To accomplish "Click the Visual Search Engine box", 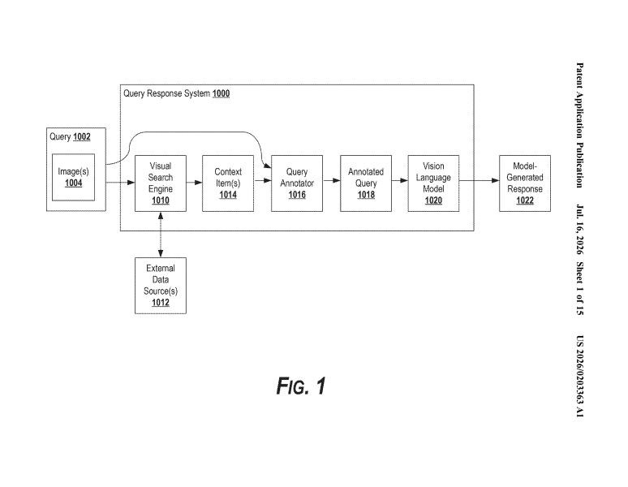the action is [x=160, y=183].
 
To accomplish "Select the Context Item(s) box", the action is [x=228, y=183].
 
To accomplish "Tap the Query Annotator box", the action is [x=297, y=183].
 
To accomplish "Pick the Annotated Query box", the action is [x=366, y=183].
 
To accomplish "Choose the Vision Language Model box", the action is [x=433, y=183].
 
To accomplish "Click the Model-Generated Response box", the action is [x=525, y=183].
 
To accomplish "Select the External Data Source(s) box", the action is [x=160, y=286].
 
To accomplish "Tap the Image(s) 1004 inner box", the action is [x=73, y=177].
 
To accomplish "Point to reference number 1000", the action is [x=221, y=93].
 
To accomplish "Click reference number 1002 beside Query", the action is [x=82, y=137].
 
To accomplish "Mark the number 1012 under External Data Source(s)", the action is [x=160, y=303].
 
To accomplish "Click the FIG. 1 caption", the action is [x=301, y=386].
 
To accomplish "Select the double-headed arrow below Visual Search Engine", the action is [x=160, y=235].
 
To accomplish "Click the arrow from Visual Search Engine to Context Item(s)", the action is [x=194, y=183].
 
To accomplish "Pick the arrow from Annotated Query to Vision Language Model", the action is [x=400, y=181].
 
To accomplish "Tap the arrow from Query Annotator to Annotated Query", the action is [x=331, y=181].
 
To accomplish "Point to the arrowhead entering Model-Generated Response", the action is [x=495, y=181].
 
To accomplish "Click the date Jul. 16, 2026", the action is [x=579, y=230].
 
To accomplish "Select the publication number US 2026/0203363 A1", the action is [x=579, y=376].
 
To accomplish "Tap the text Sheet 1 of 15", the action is [x=579, y=288].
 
